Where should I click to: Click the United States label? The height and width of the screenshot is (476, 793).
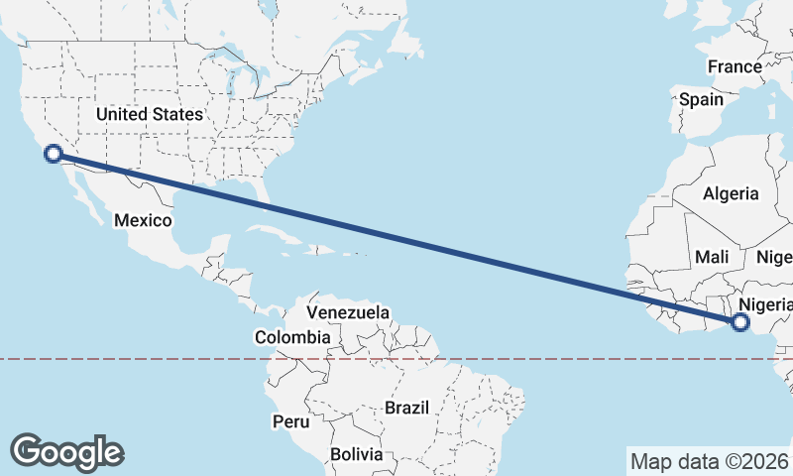coord(149,114)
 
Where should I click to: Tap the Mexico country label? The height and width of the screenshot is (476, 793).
coord(143,220)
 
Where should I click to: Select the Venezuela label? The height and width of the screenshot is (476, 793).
coord(347,312)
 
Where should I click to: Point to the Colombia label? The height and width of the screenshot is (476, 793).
coord(290,337)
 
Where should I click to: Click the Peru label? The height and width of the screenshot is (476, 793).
coord(290,421)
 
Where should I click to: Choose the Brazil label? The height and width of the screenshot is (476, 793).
coord(406,408)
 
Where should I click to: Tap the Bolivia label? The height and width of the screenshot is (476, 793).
coord(356,454)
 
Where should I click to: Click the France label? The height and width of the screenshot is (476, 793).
coord(735,67)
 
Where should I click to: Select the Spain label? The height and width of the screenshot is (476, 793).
coord(701,100)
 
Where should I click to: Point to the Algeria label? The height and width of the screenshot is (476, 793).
coord(731,194)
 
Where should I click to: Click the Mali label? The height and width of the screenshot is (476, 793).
coord(712,257)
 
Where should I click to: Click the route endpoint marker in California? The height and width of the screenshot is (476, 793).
coord(54,153)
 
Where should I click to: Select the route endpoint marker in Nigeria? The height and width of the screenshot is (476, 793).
coord(739,321)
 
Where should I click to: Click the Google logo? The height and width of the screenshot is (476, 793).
coord(66,451)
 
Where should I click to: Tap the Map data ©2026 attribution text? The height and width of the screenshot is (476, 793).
coord(709,461)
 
